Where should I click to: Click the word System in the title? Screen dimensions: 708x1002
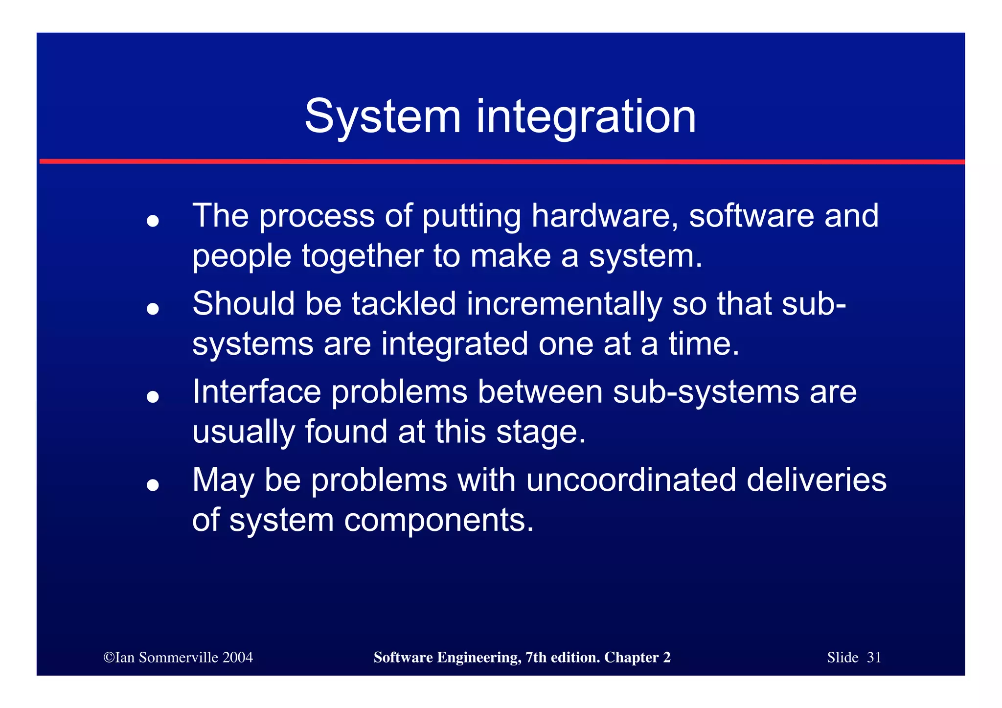(x=383, y=117)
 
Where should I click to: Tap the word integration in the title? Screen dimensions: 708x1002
(x=586, y=117)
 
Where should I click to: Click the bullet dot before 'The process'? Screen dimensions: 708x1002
(x=153, y=221)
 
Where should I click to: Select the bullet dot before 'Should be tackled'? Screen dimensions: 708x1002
(x=153, y=309)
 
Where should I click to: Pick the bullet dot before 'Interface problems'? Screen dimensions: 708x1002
(x=153, y=397)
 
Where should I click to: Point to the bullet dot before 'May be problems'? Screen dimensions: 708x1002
(x=153, y=485)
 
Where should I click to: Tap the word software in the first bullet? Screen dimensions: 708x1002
(x=751, y=216)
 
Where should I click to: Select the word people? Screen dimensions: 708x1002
(x=242, y=257)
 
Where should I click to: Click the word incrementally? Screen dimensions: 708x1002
(x=564, y=304)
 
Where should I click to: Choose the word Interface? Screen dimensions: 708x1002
(x=256, y=392)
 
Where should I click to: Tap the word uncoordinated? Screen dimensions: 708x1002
(x=631, y=480)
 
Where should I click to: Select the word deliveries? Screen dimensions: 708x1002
(x=816, y=480)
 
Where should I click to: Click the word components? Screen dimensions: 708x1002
(x=438, y=520)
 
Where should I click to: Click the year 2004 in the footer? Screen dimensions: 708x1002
(x=237, y=657)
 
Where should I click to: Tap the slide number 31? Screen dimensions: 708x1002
(x=874, y=657)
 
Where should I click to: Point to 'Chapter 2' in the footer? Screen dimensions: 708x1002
(x=637, y=657)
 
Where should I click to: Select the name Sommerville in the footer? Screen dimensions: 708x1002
(x=179, y=657)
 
